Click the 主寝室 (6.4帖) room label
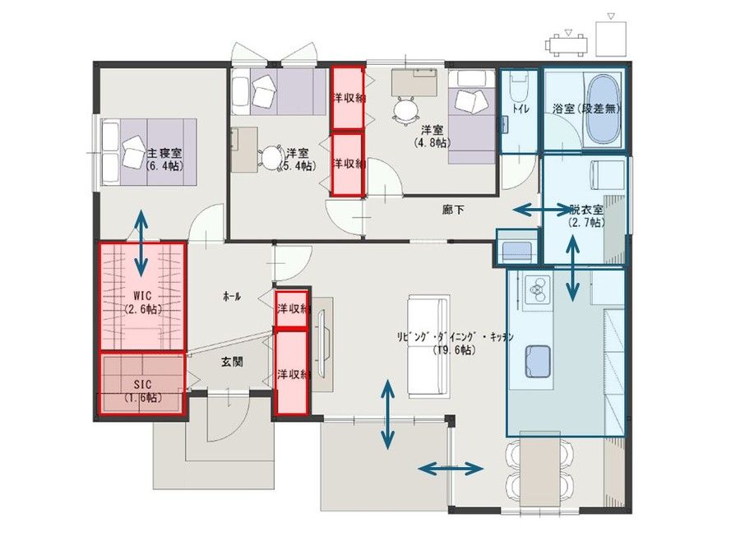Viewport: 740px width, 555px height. click(x=164, y=159)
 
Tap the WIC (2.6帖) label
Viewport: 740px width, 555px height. click(x=141, y=302)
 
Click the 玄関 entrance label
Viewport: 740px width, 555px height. click(x=232, y=361)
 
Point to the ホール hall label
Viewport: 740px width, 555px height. click(x=232, y=297)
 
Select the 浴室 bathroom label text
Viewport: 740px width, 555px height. click(x=587, y=109)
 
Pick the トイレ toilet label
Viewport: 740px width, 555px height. click(x=520, y=109)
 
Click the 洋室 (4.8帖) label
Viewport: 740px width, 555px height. click(x=432, y=136)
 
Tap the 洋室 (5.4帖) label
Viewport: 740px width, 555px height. click(x=297, y=159)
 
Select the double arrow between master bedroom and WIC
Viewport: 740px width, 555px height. click(x=141, y=243)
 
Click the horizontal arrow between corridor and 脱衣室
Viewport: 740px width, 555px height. click(x=538, y=211)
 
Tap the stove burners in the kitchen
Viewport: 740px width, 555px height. click(x=537, y=290)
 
